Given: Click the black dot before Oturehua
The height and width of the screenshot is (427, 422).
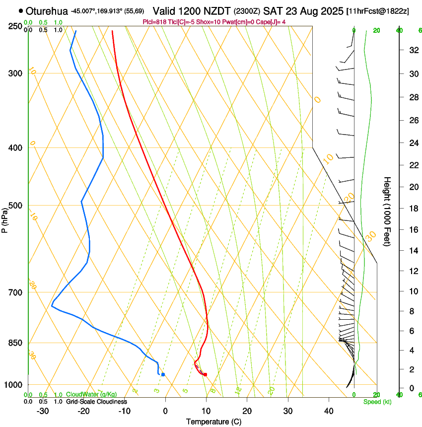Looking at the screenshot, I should coord(20,10).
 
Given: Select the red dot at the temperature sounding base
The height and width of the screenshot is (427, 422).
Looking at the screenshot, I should coord(205,374).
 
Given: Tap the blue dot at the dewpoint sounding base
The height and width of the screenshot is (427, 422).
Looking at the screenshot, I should coord(163,374).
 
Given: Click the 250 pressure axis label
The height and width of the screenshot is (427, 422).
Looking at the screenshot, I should coord(15,26).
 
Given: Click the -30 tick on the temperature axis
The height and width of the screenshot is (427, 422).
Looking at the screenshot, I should coord(43,411).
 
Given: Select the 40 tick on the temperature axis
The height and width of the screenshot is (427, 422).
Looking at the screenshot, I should coord(329,411).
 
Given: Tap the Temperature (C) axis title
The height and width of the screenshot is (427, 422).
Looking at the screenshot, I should coord(213,422).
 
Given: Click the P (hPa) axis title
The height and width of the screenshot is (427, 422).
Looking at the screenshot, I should coord(5,219).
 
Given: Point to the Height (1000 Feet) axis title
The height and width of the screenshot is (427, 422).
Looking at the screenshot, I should coord(387,211).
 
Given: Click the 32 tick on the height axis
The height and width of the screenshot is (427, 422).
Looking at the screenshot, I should coord(413,50).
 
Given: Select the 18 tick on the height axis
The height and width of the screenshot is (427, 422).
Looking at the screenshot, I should coord(413,209).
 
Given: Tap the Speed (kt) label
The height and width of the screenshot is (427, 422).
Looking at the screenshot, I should coord(377,402).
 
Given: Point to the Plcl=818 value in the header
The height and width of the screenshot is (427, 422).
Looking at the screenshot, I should coord(154,22).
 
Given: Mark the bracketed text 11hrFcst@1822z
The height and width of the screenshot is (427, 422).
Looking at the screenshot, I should coord(377,11).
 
